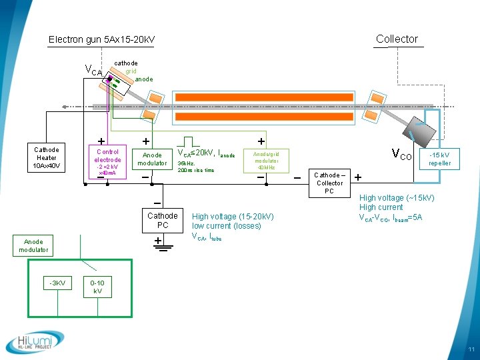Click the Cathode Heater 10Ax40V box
tap(47, 157)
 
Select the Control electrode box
tap(107, 160)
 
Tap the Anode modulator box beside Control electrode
tap(153, 159)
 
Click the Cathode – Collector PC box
tap(329, 183)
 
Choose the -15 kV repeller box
tap(439, 159)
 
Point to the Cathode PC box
tap(163, 220)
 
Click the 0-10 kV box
tap(97, 287)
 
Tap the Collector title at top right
tap(397, 39)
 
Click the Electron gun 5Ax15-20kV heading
tap(101, 40)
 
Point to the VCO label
tap(401, 156)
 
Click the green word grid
tap(131, 71)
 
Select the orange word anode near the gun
tap(143, 79)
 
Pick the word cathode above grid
tap(126, 63)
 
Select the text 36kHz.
tap(186, 163)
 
